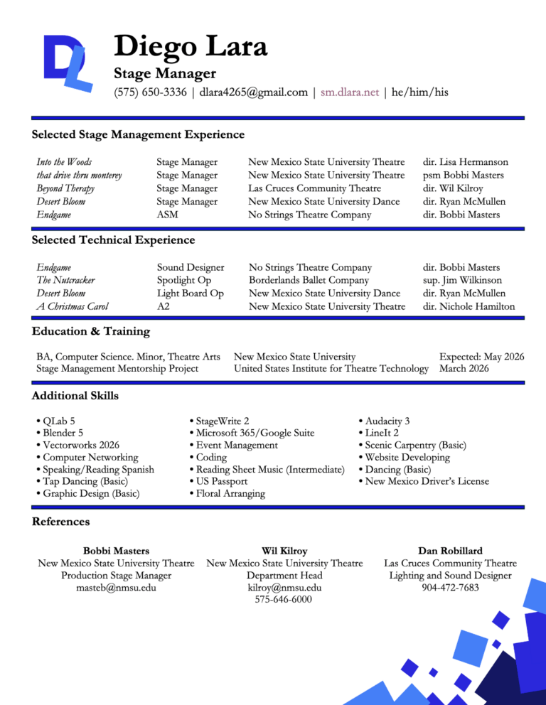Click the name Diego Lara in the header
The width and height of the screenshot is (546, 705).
click(x=191, y=48)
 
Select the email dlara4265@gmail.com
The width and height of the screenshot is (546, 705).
click(x=254, y=92)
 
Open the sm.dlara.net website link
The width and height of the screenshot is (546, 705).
click(x=350, y=92)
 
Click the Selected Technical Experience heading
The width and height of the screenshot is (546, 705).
click(x=113, y=240)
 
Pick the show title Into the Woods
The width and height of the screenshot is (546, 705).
click(x=64, y=163)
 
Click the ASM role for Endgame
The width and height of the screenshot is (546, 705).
click(x=167, y=215)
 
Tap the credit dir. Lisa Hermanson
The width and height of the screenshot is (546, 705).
click(x=466, y=163)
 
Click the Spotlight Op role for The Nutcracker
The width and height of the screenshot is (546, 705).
click(x=185, y=280)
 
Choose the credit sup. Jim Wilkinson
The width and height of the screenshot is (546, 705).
click(x=462, y=280)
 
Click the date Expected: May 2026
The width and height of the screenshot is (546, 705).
click(x=481, y=356)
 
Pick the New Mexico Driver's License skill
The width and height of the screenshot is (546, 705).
click(x=424, y=481)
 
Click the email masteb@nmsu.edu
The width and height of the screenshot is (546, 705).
click(x=116, y=587)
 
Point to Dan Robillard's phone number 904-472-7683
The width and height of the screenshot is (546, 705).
click(x=450, y=587)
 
